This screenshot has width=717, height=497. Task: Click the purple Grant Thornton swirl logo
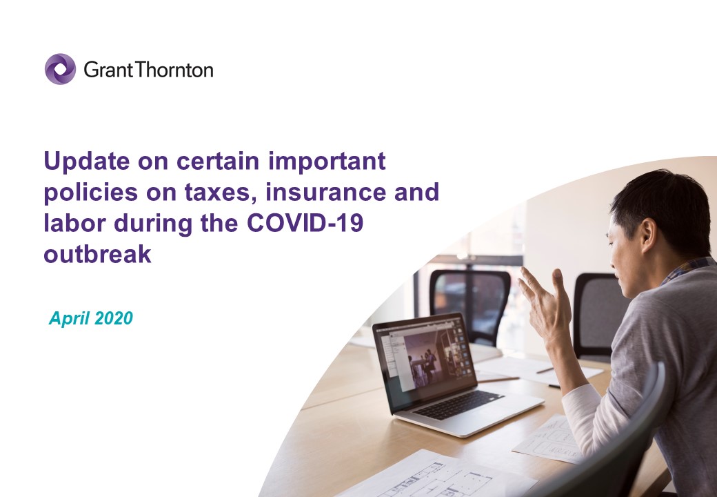pos(60,69)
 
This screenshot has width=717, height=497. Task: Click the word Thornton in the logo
pos(174,70)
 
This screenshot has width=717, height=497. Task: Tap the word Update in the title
pos(87,162)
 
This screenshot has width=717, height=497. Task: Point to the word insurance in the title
pos(325,192)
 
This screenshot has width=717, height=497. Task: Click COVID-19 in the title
pos(305,223)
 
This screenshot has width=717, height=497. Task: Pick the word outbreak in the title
pos(97,254)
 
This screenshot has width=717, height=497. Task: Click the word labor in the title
pos(74,223)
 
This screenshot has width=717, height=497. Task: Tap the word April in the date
pos(69,318)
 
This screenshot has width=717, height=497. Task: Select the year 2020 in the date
pos(114,318)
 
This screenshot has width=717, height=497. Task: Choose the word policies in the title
pos(90,192)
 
